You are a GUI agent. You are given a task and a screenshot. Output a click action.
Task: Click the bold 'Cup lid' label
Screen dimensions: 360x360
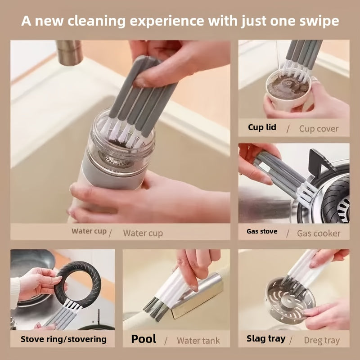[x=262, y=127]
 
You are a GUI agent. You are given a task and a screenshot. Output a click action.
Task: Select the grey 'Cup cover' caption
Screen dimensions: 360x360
[x=319, y=129]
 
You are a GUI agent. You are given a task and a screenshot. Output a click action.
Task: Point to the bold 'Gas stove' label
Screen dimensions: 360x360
[x=262, y=232]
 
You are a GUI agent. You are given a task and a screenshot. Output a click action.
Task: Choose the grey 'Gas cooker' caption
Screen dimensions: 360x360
[x=319, y=233]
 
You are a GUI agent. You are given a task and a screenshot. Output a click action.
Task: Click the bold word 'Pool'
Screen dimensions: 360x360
[x=144, y=339]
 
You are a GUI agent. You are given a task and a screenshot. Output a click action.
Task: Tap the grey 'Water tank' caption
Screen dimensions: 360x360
[x=198, y=340]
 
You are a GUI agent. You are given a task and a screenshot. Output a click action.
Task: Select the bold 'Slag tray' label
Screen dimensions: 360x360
[x=266, y=338]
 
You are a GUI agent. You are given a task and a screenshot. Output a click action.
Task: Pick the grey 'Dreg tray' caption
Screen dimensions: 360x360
[x=322, y=340]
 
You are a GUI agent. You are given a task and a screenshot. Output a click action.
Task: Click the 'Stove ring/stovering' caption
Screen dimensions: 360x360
[x=63, y=339]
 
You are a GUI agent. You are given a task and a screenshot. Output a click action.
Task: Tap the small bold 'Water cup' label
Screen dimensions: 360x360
[x=89, y=231]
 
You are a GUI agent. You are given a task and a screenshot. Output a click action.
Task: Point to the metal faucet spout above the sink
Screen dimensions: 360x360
[x=70, y=52]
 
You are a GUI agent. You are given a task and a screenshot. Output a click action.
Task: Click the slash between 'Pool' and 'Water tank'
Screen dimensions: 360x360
[x=166, y=340]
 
